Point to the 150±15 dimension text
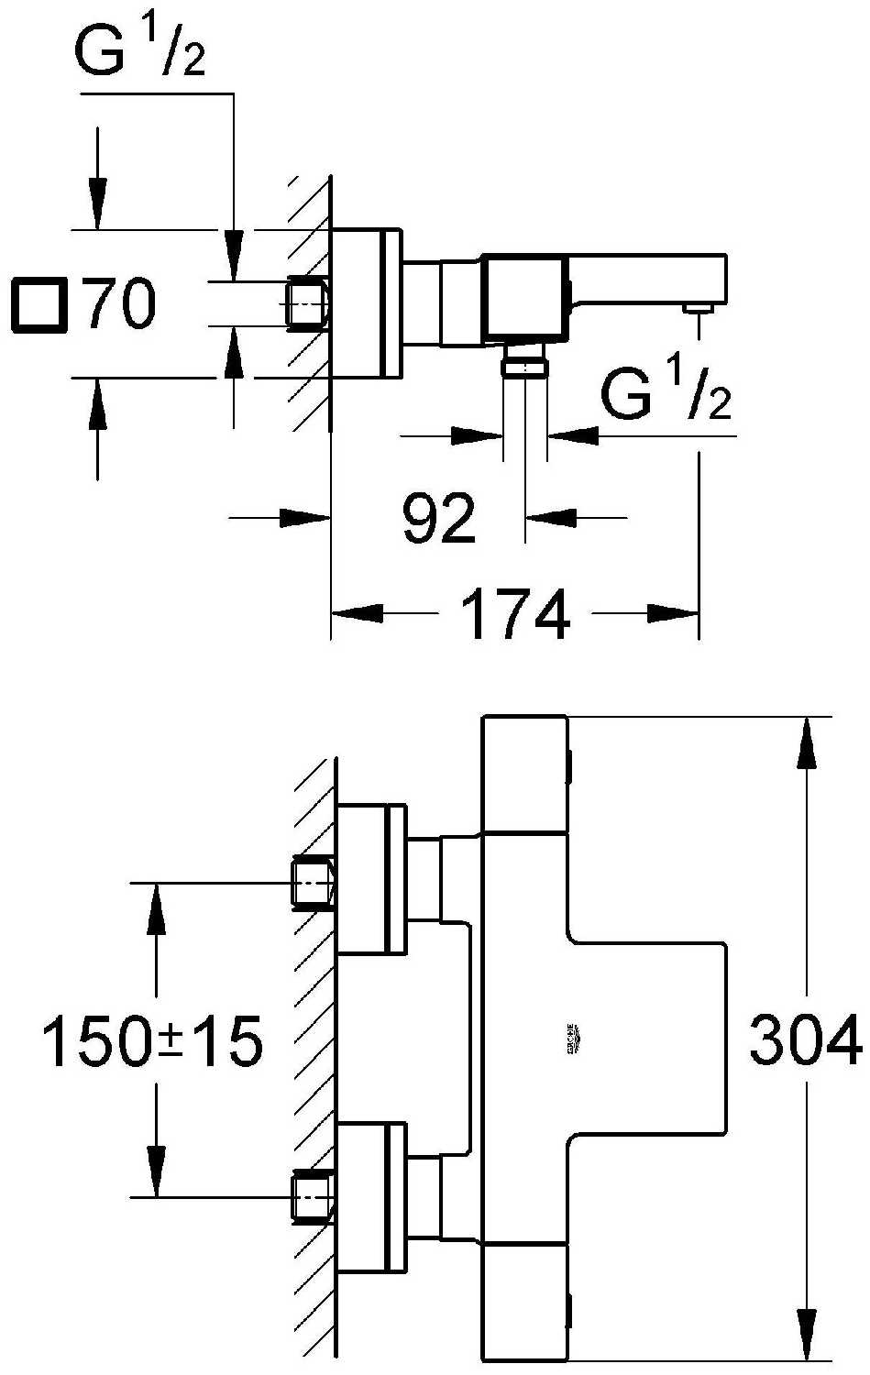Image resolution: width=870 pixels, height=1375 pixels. click(152, 1041)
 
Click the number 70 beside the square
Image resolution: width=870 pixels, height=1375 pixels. click(120, 304)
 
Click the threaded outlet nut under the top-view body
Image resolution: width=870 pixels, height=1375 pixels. click(524, 367)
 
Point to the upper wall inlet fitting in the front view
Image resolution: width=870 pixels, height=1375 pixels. click(312, 883)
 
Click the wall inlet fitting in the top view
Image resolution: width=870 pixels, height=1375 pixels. click(308, 302)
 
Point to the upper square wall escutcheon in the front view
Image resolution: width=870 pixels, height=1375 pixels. click(372, 880)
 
